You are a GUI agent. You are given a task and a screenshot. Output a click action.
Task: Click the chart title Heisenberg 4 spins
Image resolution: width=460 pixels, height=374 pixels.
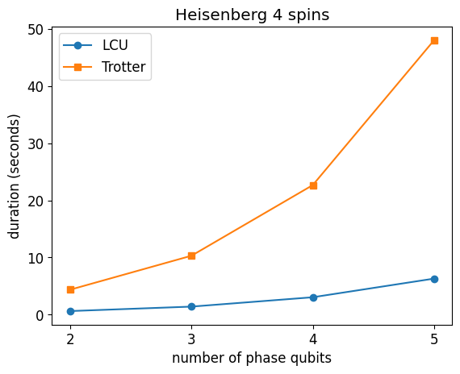(x=253, y=15)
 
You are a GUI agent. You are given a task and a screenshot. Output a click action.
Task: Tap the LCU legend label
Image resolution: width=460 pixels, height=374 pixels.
(x=115, y=45)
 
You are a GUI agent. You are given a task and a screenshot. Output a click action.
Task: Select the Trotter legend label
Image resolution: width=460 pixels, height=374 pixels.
(x=123, y=67)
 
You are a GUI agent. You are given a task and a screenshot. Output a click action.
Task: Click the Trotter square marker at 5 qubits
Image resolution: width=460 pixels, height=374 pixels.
(x=434, y=40)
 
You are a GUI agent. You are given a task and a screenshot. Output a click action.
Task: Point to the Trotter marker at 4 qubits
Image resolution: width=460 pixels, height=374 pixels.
(x=313, y=185)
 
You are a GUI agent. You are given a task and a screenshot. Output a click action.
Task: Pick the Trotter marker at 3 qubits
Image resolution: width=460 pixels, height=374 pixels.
(x=191, y=256)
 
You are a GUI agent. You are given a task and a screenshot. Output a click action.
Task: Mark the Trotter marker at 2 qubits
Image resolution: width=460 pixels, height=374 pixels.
(x=70, y=289)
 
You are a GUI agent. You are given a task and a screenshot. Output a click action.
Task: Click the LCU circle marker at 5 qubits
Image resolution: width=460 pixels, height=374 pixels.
(x=434, y=279)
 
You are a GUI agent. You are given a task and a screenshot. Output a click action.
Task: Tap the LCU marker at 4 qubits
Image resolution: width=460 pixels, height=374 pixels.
(x=313, y=297)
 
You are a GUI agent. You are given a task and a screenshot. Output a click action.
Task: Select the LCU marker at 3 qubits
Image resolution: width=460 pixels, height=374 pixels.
(x=191, y=306)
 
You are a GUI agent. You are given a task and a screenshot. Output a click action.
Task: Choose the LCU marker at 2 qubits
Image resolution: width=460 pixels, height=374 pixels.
(x=70, y=311)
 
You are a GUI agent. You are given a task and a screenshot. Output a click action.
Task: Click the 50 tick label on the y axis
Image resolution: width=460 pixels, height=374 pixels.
(x=36, y=30)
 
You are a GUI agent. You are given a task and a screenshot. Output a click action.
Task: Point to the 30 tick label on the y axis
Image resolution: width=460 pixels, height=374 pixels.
(x=36, y=144)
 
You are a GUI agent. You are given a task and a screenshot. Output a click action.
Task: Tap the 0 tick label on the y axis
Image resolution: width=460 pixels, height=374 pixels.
(x=40, y=315)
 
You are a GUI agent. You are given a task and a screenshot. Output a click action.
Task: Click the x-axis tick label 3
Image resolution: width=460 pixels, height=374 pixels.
(x=191, y=339)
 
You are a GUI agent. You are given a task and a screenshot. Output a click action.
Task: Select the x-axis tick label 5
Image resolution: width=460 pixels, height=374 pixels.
(x=434, y=339)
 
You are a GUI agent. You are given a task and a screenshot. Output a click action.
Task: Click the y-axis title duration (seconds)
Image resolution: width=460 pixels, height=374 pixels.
(x=14, y=177)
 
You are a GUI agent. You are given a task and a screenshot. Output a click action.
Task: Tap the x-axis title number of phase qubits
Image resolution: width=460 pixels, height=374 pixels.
(x=252, y=359)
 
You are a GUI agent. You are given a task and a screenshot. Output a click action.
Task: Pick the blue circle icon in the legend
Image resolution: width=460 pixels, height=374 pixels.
(x=77, y=45)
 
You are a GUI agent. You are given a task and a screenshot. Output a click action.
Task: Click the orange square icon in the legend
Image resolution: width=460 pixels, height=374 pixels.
(x=77, y=67)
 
